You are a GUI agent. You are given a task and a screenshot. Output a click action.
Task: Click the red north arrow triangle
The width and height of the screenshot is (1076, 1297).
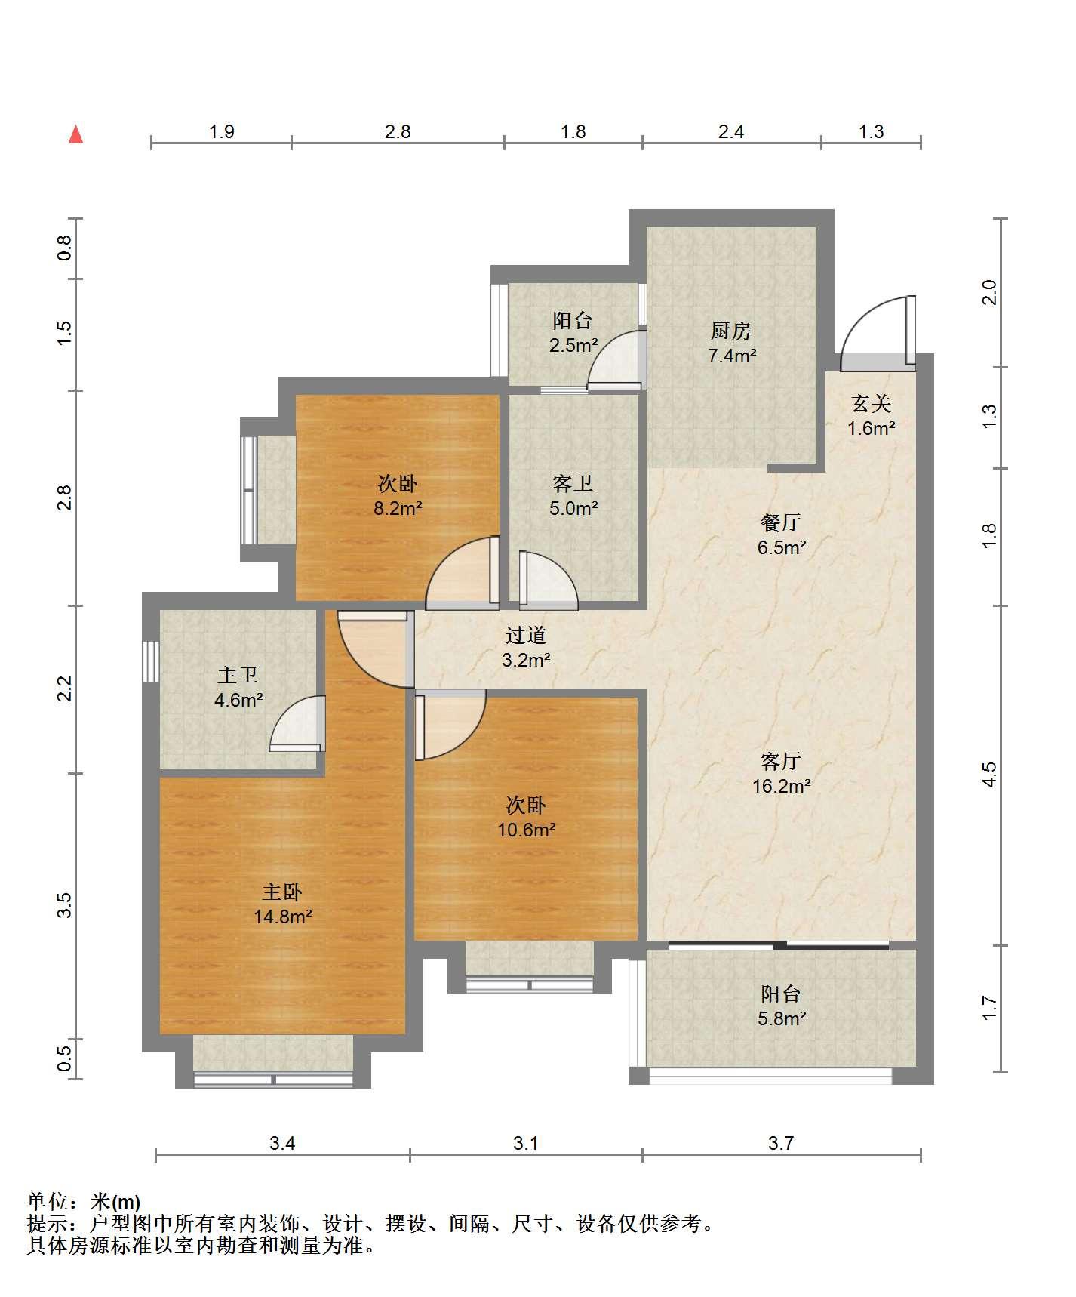click(75, 134)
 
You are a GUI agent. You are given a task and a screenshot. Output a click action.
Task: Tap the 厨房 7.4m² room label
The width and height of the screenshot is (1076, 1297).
click(731, 343)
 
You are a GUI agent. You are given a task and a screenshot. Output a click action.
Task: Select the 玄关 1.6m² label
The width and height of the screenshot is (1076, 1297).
click(872, 416)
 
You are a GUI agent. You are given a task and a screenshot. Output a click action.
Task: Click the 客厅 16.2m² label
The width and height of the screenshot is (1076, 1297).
click(781, 773)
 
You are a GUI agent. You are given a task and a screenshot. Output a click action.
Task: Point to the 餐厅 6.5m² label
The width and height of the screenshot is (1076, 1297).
click(781, 535)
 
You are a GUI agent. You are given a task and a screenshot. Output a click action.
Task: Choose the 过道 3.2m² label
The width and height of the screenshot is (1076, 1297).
click(526, 648)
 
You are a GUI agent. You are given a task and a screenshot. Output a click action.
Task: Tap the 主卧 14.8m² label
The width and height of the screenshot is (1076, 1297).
click(283, 904)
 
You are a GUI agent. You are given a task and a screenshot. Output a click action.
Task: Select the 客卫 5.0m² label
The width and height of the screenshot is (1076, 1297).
click(573, 496)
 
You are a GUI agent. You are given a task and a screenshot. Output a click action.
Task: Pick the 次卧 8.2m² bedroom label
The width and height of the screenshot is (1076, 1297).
click(398, 496)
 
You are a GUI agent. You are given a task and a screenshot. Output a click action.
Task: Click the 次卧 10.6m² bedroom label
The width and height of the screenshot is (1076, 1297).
click(527, 818)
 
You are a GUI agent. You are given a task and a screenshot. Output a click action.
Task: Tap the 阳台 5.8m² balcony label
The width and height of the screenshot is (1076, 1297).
click(782, 1006)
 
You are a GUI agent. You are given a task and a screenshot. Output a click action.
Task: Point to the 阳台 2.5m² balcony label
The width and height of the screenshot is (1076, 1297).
click(573, 333)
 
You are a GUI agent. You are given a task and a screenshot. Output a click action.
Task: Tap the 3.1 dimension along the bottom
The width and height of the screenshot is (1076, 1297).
click(526, 1143)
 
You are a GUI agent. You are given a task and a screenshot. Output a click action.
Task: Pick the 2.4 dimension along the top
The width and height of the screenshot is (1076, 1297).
click(731, 132)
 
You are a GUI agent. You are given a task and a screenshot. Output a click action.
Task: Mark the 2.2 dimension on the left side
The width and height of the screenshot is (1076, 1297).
click(66, 689)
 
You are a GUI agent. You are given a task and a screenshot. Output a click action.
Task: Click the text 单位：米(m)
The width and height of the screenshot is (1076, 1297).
click(84, 1201)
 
